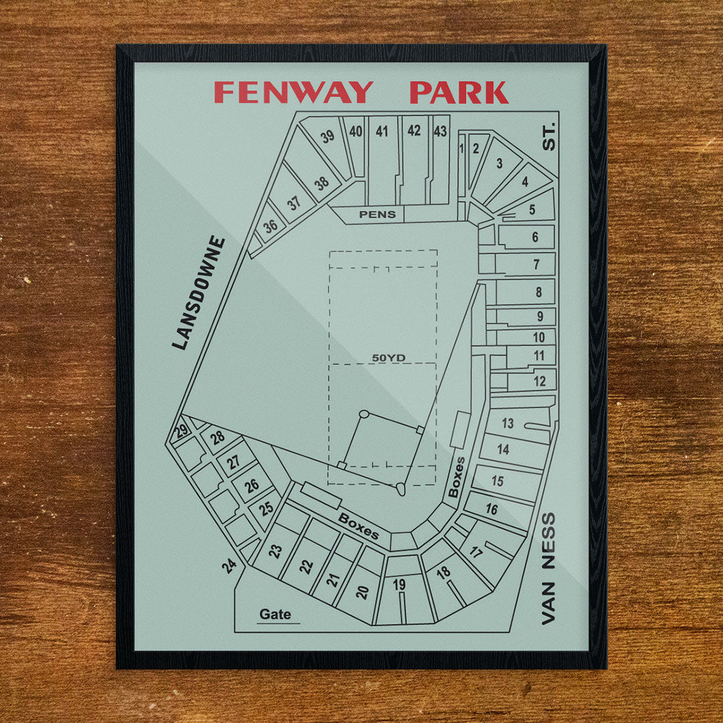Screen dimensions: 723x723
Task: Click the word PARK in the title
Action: (x=459, y=92)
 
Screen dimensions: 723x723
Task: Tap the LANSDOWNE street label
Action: (x=199, y=293)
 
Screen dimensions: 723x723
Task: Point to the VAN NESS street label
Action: (x=548, y=568)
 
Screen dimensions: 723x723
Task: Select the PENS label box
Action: (x=378, y=214)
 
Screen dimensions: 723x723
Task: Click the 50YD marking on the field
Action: (x=388, y=357)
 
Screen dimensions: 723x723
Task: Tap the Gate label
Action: (x=275, y=614)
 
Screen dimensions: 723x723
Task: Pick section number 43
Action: (x=440, y=131)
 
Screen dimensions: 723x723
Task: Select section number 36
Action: (x=270, y=226)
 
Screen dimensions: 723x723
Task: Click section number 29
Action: (x=181, y=432)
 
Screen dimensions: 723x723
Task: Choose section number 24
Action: (x=230, y=566)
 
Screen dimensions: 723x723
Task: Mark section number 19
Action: (x=399, y=584)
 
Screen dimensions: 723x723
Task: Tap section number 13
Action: (x=507, y=423)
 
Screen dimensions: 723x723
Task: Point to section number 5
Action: (x=532, y=210)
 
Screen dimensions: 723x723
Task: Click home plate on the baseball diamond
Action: (x=400, y=489)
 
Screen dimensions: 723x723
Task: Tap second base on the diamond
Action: (x=364, y=414)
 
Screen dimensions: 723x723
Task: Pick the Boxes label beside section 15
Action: (x=457, y=477)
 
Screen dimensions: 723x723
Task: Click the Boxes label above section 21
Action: (x=358, y=526)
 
